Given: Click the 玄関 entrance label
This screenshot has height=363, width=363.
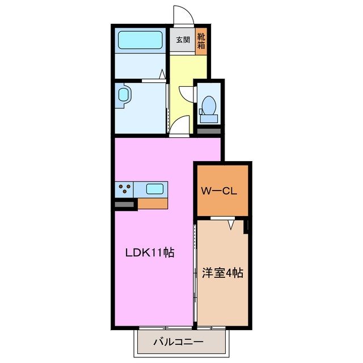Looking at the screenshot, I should (182, 40).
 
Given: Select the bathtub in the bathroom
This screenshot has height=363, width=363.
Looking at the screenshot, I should (140, 40).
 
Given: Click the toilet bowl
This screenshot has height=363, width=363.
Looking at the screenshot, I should (208, 106).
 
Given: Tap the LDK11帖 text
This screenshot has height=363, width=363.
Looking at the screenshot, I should (149, 254).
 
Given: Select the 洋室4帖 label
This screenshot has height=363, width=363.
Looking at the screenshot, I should (222, 273).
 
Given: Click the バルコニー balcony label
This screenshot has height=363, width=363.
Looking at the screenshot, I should (178, 342).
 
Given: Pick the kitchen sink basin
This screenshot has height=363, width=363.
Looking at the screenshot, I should (155, 189).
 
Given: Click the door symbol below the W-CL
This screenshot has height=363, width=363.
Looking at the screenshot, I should (230, 223).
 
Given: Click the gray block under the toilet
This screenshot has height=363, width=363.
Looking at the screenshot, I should (208, 130).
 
